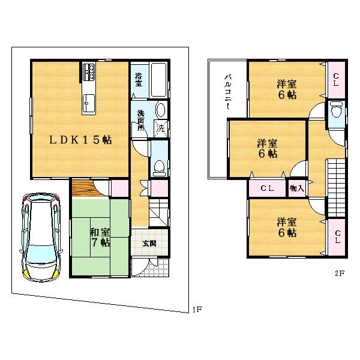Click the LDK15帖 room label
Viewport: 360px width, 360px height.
[80, 139]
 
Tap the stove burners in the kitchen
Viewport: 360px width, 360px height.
[88, 72]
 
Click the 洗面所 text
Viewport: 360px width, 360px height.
[139, 122]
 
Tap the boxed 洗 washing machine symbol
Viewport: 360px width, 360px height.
[160, 127]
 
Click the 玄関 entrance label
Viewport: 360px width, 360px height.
[150, 243]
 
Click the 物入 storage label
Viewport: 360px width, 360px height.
[296, 188]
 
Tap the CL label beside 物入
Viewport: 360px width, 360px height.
[267, 188]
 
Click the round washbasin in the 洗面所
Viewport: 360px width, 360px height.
[160, 110]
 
